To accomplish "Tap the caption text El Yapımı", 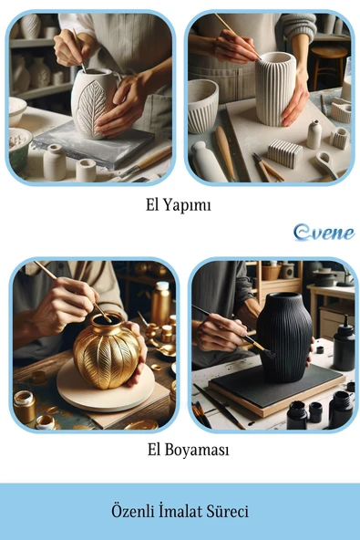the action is (179, 205).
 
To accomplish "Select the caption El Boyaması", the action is (189, 450).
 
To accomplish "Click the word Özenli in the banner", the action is (132, 511).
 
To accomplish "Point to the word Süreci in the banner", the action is (227, 511).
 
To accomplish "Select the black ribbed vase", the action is (284, 337).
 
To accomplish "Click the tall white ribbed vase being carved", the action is (274, 89).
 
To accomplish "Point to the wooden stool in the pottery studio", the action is (329, 65).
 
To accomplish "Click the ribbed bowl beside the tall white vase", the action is (202, 106).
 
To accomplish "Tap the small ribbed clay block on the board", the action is (285, 153).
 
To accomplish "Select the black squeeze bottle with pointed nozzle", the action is (344, 348).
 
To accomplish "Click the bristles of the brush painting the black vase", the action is (268, 353).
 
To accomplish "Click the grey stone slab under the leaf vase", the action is (93, 144).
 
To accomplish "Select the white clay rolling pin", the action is (208, 161).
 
